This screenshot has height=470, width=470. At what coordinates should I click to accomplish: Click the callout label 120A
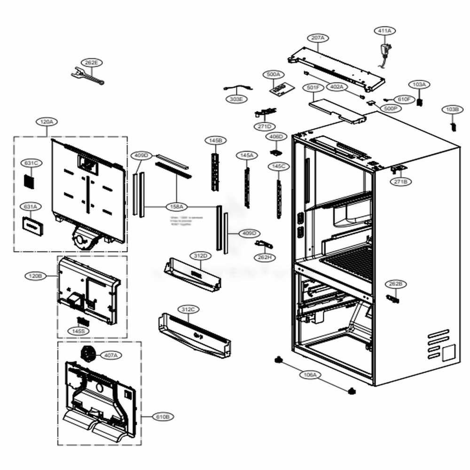[47, 122]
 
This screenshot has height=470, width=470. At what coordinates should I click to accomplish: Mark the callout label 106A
[310, 375]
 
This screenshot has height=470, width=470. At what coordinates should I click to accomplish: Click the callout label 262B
[395, 284]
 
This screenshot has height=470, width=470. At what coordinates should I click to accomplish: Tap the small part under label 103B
[454, 126]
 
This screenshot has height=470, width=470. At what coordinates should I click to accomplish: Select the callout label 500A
[273, 74]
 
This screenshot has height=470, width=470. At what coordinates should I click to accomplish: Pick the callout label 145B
[215, 140]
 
